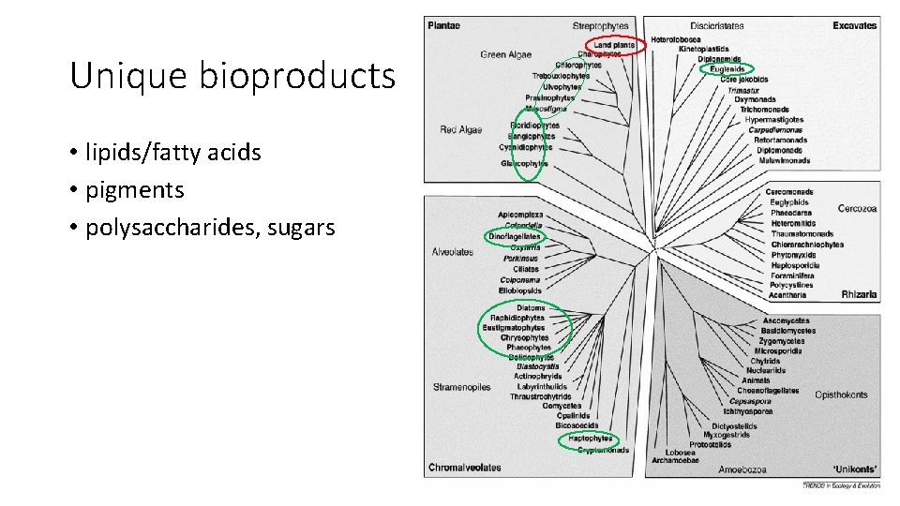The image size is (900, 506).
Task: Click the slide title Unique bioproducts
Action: tap(232, 76)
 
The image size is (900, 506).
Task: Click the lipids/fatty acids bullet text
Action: tap(173, 152)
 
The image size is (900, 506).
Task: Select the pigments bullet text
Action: tap(135, 190)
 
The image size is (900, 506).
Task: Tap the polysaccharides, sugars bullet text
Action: tap(210, 228)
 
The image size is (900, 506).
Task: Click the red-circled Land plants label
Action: tap(615, 45)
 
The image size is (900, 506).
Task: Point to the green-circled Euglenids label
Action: tap(727, 69)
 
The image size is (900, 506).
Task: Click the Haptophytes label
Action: tap(591, 439)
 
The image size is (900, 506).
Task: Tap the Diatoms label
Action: tap(531, 307)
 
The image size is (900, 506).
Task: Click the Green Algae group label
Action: tap(506, 55)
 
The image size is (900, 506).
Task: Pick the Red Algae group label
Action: tap(461, 130)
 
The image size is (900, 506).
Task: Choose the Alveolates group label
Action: tap(453, 252)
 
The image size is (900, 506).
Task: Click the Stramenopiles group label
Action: tap(461, 387)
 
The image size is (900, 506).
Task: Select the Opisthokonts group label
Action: tap(841, 394)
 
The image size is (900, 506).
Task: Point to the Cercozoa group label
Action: tap(857, 209)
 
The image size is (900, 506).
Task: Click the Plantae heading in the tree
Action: tap(444, 26)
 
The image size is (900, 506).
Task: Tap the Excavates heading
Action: tap(854, 26)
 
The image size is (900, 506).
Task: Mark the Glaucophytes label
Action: tap(525, 164)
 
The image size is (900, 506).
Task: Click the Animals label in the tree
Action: tap(756, 380)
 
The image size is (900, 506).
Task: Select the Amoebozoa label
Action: tap(742, 469)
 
